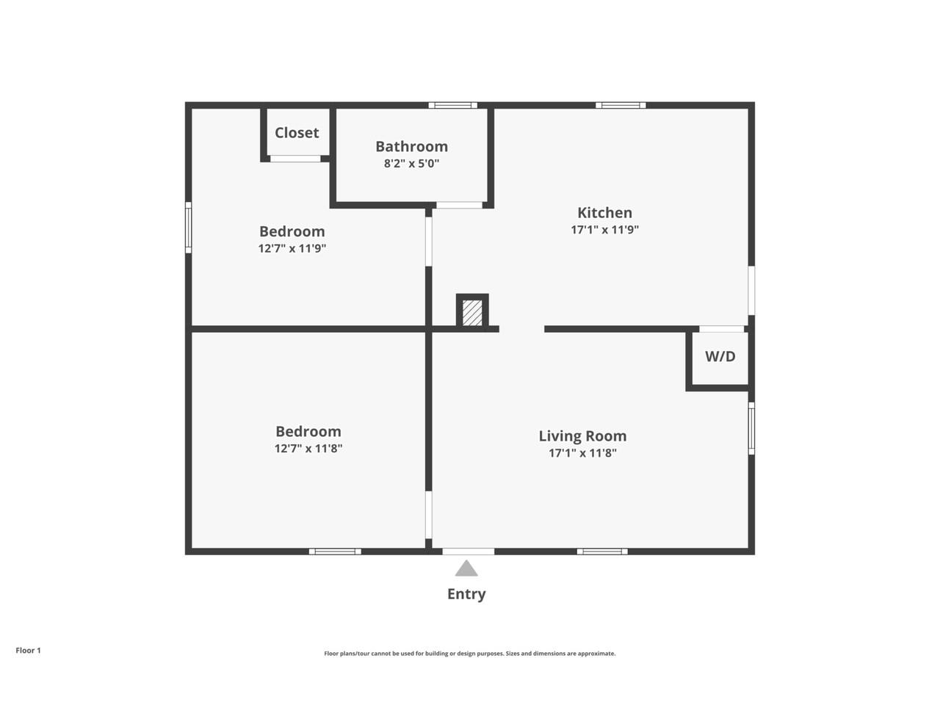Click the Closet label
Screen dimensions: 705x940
pyautogui.click(x=297, y=133)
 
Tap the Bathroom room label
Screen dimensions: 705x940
pyautogui.click(x=411, y=146)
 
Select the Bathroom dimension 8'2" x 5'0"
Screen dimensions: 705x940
pyautogui.click(x=411, y=163)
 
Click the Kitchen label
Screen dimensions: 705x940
pyautogui.click(x=604, y=212)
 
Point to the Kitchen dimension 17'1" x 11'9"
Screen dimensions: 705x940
pyautogui.click(x=604, y=229)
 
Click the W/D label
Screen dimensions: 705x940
pyautogui.click(x=720, y=357)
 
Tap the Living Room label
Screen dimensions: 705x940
pyautogui.click(x=582, y=435)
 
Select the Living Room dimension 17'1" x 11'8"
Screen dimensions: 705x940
pyautogui.click(x=582, y=452)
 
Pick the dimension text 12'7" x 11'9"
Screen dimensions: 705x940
pyautogui.click(x=292, y=248)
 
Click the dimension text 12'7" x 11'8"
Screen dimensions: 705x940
pyautogui.click(x=308, y=448)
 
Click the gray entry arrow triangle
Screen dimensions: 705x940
pyautogui.click(x=466, y=568)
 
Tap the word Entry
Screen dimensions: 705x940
pyautogui.click(x=466, y=593)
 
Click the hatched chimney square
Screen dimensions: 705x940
pyautogui.click(x=472, y=312)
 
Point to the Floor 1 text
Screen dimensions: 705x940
pyautogui.click(x=29, y=650)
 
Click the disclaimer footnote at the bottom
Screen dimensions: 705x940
pyautogui.click(x=470, y=653)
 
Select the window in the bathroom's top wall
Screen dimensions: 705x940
pyautogui.click(x=452, y=105)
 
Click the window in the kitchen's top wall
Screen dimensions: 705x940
pyautogui.click(x=621, y=105)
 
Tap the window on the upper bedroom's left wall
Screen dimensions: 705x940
pyautogui.click(x=188, y=228)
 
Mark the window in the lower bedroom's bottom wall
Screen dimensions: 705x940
pyautogui.click(x=335, y=551)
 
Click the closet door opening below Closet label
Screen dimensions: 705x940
pyautogui.click(x=295, y=159)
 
